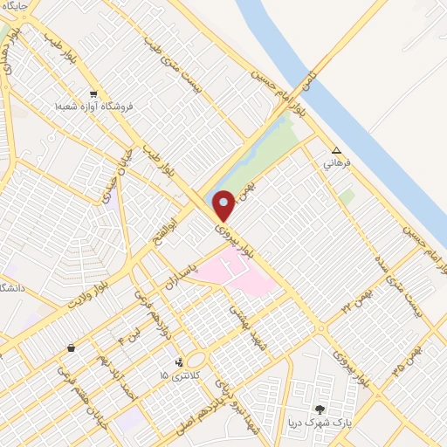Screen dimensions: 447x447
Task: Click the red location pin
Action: click(x=223, y=205)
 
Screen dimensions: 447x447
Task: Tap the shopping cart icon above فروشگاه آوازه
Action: click(x=93, y=94)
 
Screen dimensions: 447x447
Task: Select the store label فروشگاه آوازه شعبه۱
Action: click(x=93, y=106)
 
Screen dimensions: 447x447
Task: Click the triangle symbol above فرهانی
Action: click(x=337, y=149)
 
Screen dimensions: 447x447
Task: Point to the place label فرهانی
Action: click(x=336, y=162)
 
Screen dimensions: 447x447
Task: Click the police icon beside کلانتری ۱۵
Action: click(x=179, y=361)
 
